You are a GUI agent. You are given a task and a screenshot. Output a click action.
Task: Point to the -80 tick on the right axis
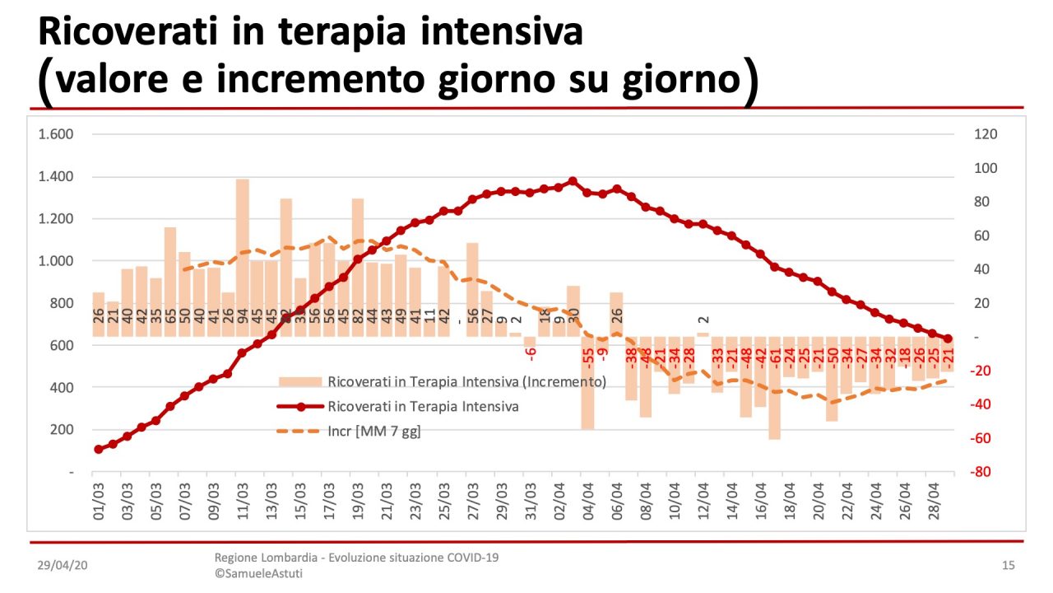point(986,472)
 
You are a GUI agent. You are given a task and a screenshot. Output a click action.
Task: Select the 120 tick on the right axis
point(986,134)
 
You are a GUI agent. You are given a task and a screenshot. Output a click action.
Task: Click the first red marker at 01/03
point(99,449)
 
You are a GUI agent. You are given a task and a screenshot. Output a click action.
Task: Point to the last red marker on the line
point(948,339)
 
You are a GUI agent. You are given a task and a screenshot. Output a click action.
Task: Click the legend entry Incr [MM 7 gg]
point(373,431)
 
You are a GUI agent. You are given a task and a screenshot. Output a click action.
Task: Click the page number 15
point(1008,565)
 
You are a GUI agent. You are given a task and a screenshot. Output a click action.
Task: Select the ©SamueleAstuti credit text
point(258,573)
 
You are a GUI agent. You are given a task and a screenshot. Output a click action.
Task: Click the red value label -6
point(531,353)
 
